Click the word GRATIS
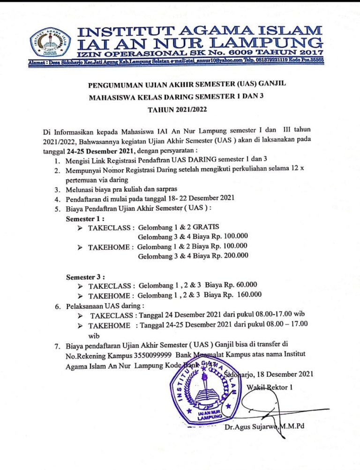coord(205,227)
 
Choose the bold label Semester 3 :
coord(86,276)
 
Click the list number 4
coord(57,199)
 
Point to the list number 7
coord(57,347)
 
